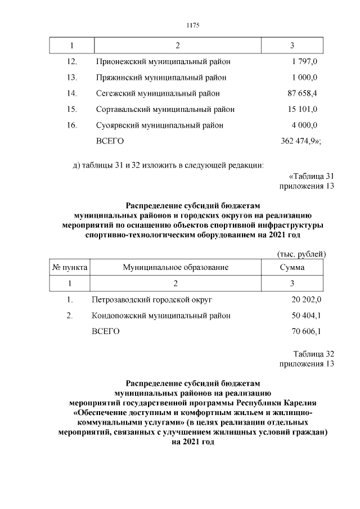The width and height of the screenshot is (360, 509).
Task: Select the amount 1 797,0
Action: pyautogui.click(x=305, y=61)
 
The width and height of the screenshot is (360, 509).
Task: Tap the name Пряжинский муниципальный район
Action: pyautogui.click(x=160, y=77)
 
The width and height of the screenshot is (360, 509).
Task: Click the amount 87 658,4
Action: pyautogui.click(x=302, y=93)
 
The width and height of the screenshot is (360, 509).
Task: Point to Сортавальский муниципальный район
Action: pyautogui.click(x=165, y=109)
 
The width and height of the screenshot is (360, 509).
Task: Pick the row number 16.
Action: pyautogui.click(x=71, y=125)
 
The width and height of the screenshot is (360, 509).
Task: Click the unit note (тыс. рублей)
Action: pyautogui.click(x=302, y=255)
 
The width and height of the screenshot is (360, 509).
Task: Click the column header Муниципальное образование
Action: pyautogui.click(x=175, y=268)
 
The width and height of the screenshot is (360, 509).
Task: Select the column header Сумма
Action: pyautogui.click(x=292, y=268)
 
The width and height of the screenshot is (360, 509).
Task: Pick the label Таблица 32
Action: pyautogui.click(x=314, y=354)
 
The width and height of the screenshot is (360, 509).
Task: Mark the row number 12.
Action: pyautogui.click(x=71, y=61)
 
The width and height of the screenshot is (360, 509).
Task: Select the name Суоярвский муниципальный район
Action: pyautogui.click(x=160, y=125)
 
